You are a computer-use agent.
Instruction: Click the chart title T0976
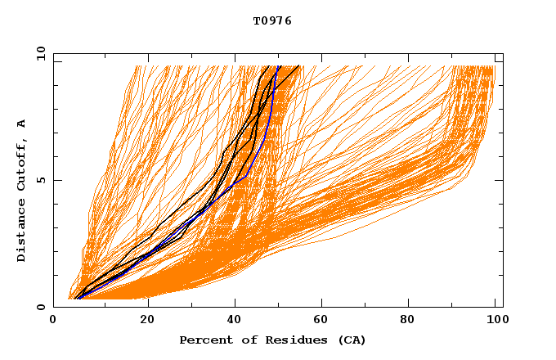click(272, 20)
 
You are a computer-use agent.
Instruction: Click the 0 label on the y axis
click(39, 307)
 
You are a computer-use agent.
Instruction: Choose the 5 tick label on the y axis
click(39, 180)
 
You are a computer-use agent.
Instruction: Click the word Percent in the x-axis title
click(205, 340)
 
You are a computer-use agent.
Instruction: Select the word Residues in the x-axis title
click(291, 340)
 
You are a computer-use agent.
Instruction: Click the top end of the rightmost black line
click(299, 66)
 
